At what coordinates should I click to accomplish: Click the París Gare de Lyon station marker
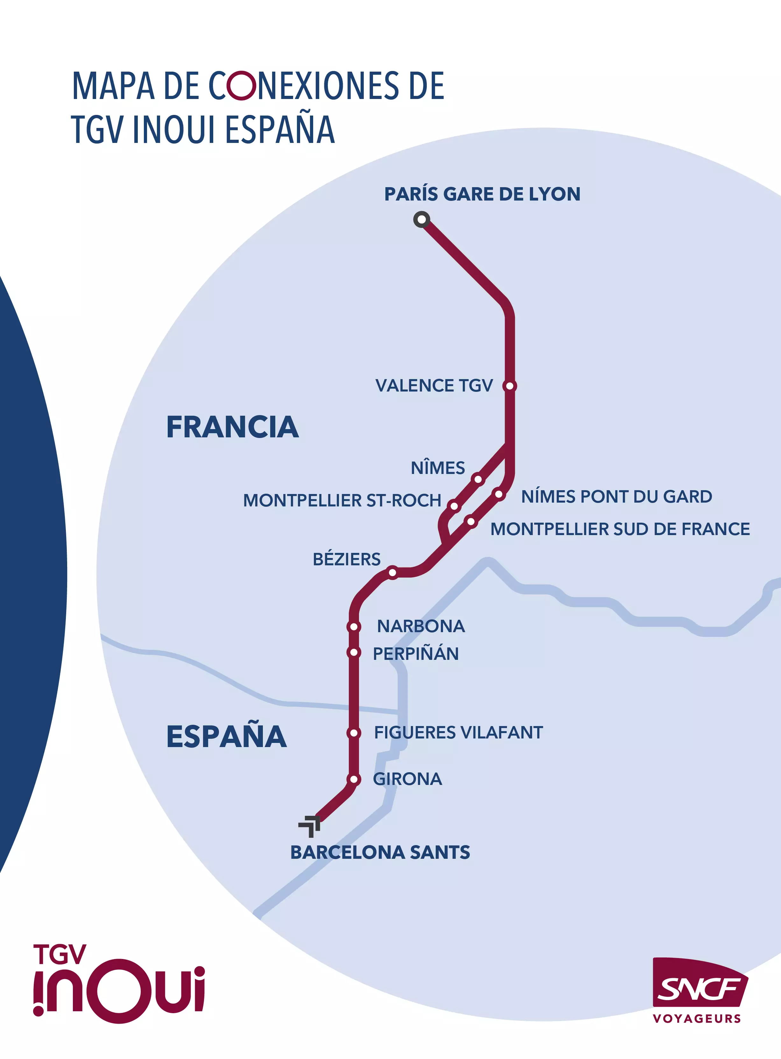(x=421, y=219)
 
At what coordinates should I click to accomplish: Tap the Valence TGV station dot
(x=510, y=386)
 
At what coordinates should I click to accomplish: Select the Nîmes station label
(x=438, y=468)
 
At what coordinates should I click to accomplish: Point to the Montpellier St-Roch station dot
(x=454, y=506)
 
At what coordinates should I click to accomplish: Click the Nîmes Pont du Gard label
(x=616, y=497)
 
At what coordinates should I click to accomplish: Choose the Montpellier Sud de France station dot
(x=471, y=521)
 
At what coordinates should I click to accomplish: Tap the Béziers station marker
(x=392, y=573)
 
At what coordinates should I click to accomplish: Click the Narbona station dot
(x=354, y=627)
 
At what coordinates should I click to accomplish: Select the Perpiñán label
(x=416, y=654)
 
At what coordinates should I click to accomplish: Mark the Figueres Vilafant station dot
(x=354, y=733)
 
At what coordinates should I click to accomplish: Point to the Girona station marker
(x=354, y=779)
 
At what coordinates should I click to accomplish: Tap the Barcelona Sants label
(x=380, y=852)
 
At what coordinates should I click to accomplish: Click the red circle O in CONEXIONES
(x=242, y=86)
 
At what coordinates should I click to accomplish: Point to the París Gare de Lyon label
(x=482, y=194)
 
